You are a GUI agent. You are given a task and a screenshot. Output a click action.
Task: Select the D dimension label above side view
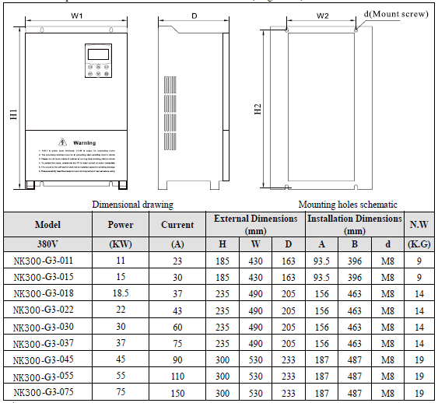(194, 15)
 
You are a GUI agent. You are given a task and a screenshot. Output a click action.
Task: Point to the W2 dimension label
(323, 15)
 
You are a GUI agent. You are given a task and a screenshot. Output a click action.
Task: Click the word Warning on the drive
(84, 143)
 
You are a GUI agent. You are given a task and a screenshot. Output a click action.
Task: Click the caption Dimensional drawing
(132, 204)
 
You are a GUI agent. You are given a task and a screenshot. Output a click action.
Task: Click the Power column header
(120, 225)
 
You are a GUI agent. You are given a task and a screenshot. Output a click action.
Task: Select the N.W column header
(418, 225)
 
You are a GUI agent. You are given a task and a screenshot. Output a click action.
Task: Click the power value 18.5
(120, 295)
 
